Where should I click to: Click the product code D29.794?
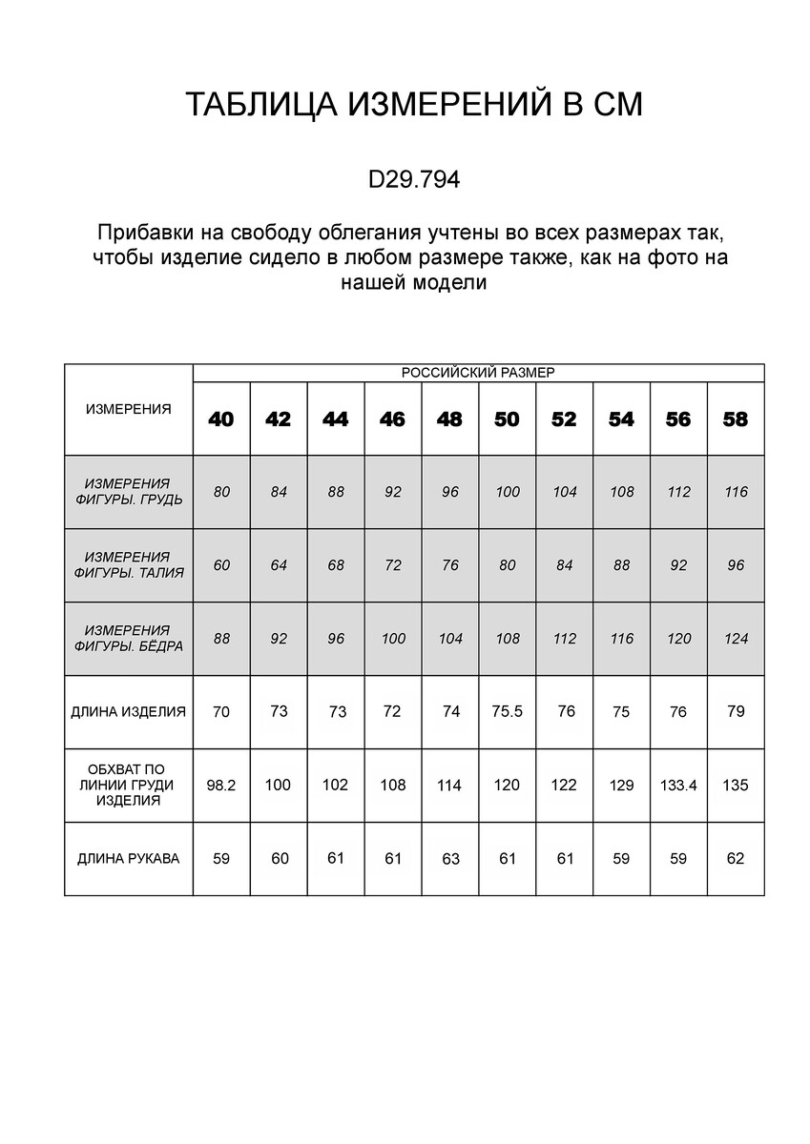click(413, 179)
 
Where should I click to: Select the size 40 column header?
click(221, 419)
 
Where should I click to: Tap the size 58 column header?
click(736, 419)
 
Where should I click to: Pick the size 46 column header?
click(393, 419)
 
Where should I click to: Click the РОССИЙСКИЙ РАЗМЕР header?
click(478, 373)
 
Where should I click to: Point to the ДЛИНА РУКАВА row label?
click(129, 858)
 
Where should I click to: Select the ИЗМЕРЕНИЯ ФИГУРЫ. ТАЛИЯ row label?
click(129, 565)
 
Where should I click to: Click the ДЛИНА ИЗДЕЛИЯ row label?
click(129, 711)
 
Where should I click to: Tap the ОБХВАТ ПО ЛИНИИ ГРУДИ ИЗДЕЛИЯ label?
click(129, 785)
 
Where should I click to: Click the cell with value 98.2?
click(221, 785)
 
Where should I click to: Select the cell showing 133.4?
click(678, 786)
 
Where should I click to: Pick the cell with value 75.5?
click(507, 711)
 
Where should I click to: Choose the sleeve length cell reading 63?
click(450, 859)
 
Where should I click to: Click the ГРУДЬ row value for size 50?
click(507, 492)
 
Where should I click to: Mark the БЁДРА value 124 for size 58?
click(736, 639)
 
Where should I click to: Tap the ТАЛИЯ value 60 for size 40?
click(221, 565)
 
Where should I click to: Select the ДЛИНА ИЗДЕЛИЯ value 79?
click(736, 711)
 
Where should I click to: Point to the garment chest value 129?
click(621, 786)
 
